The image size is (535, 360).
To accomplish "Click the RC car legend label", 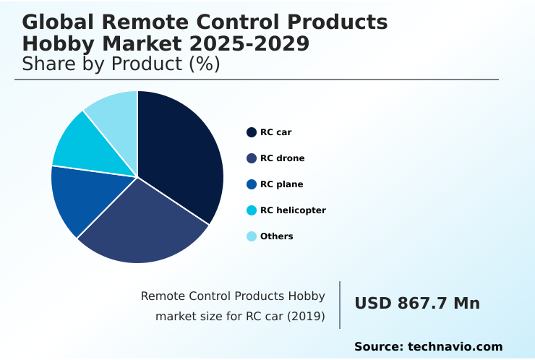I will [x=276, y=132].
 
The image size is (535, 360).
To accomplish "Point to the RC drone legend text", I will [x=282, y=158].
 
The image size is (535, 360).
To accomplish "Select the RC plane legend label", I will [x=281, y=184].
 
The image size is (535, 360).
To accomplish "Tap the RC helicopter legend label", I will [x=293, y=210].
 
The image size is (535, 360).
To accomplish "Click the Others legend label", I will [x=277, y=236].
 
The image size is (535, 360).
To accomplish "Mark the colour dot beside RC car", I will [x=252, y=132].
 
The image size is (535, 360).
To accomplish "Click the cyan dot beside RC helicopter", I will [x=252, y=210].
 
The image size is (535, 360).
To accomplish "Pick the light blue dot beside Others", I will [x=252, y=236].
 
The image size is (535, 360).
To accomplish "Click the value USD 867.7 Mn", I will [x=417, y=304].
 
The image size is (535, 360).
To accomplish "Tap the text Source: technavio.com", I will [x=428, y=347].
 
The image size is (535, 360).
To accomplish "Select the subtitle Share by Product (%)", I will [x=121, y=64].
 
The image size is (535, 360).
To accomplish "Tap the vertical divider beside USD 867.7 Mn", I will [x=340, y=305].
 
